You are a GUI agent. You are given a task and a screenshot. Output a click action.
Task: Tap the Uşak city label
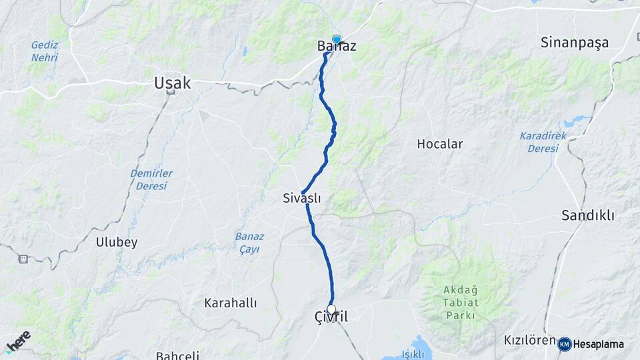click(x=172, y=83)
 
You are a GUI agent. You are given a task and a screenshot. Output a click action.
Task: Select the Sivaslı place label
click(x=302, y=198)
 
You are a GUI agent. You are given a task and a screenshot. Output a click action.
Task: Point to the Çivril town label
click(x=331, y=319)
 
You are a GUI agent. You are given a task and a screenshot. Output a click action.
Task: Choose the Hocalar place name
click(x=439, y=144)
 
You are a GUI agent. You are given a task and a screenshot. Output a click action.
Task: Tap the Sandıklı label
click(x=587, y=215)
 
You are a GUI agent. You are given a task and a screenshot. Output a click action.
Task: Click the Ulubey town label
click(x=117, y=242)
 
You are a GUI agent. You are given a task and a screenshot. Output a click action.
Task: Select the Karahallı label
click(x=230, y=303)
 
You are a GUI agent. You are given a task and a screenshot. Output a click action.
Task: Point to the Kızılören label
click(x=530, y=341)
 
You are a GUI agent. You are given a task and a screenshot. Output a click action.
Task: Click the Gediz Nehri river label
click(x=44, y=51)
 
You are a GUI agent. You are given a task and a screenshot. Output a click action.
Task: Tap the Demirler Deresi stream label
click(x=151, y=179)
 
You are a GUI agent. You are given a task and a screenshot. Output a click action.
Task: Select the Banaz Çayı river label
click(x=249, y=243)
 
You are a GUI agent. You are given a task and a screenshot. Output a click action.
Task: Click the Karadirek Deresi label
click(x=543, y=142)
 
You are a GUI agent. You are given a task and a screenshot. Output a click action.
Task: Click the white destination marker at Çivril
click(x=331, y=309)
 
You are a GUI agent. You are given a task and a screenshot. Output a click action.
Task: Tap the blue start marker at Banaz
click(x=337, y=39)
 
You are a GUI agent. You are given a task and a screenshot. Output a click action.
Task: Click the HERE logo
click(x=18, y=342)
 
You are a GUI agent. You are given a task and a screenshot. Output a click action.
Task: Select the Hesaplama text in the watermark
click(x=598, y=344)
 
